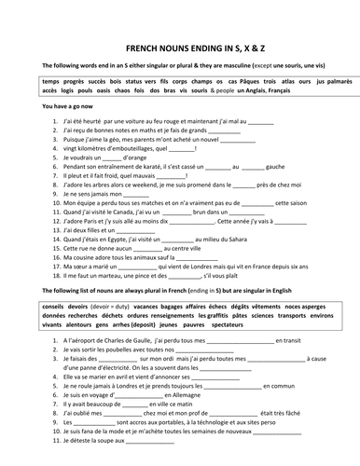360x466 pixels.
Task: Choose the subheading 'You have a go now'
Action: coord(57,108)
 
